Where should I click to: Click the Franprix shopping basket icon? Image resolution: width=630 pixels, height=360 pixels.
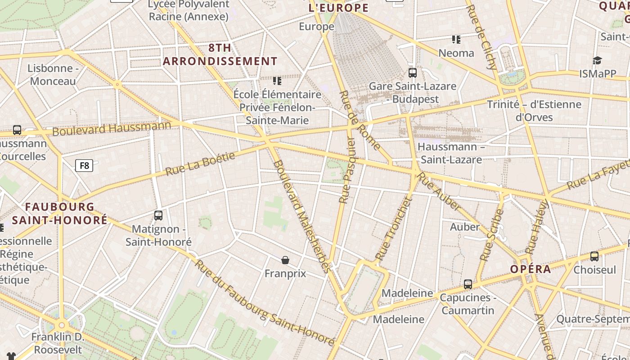285,260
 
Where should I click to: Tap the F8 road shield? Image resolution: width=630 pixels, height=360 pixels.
84,166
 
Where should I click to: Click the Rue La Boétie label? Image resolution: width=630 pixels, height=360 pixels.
200,164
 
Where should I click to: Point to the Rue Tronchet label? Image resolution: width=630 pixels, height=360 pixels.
393,229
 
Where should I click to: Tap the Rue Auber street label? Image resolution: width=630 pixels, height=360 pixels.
439,191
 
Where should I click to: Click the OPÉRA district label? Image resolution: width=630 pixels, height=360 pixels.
531,269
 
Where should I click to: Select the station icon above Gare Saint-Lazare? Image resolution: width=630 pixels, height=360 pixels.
412,72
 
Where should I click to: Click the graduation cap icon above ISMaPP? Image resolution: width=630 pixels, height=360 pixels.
597,61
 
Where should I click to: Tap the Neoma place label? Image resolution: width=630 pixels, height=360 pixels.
456,53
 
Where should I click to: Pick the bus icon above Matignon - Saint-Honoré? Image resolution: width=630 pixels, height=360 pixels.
158,216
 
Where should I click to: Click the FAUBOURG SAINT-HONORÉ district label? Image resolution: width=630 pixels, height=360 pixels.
60,213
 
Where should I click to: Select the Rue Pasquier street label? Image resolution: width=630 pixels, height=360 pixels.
347,171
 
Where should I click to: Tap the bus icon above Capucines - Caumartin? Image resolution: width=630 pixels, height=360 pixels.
468,284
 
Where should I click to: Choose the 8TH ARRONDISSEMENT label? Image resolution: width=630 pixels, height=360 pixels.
220,54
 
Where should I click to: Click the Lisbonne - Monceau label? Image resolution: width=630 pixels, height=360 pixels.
53,75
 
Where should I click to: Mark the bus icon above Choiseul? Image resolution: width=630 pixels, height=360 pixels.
594,256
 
